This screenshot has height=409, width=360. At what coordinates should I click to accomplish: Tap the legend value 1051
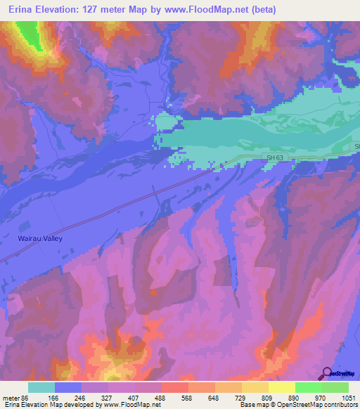pyautogui.click(x=349, y=397)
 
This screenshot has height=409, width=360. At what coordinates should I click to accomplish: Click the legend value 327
pyautogui.click(x=108, y=397)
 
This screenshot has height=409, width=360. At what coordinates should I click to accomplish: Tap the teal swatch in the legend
pyautogui.click(x=41, y=387)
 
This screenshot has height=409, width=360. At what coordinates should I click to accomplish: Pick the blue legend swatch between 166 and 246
pyautogui.click(x=68, y=387)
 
